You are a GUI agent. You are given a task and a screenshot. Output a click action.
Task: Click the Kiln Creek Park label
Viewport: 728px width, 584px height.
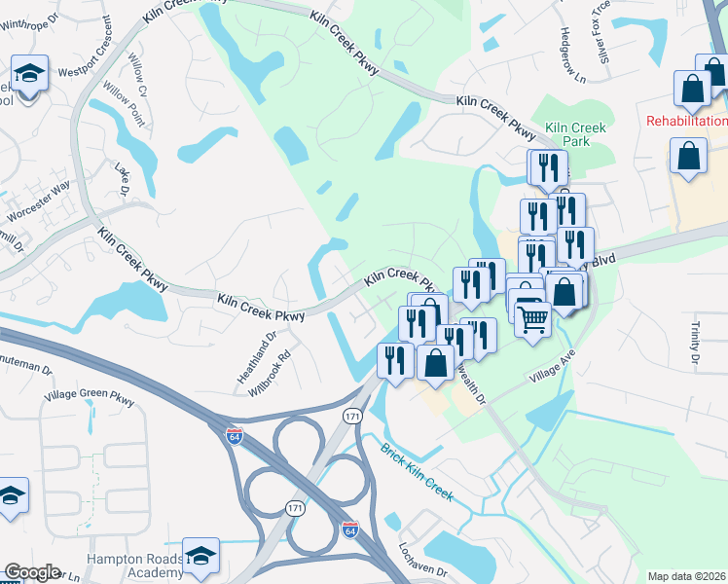point(575,134)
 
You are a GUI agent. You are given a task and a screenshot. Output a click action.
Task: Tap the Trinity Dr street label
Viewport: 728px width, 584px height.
point(696,346)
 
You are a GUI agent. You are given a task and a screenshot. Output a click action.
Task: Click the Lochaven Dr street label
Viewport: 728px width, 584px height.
point(421,557)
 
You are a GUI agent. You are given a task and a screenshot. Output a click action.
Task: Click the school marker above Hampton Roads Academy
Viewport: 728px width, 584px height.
point(201,556)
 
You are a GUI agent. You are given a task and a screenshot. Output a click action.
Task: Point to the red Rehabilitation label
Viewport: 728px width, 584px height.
point(687,121)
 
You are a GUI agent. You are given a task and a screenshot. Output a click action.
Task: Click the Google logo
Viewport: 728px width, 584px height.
point(32,572)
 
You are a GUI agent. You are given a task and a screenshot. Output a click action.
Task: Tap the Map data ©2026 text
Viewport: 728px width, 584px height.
point(687,576)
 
